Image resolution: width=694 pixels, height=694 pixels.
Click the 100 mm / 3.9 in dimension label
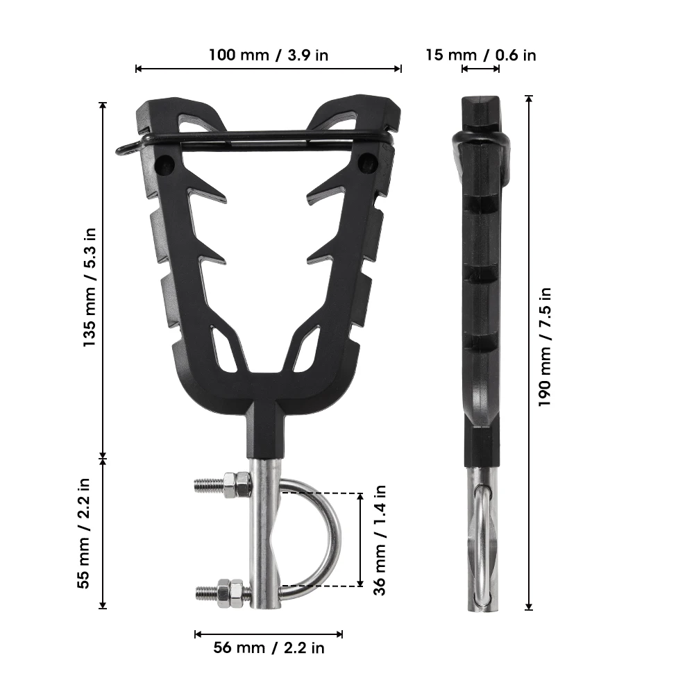[x=268, y=55]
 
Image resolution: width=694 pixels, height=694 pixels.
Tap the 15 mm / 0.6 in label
[x=480, y=55]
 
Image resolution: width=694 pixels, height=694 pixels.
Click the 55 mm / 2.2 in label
[x=84, y=532]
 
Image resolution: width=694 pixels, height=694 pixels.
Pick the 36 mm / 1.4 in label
[x=379, y=539]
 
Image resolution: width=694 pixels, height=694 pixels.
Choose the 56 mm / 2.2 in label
[x=269, y=648]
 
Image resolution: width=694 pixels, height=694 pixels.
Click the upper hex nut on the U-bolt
[x=237, y=484]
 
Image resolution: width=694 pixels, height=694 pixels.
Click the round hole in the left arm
[x=165, y=165]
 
